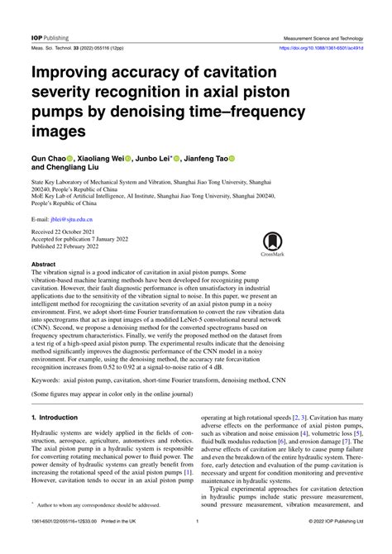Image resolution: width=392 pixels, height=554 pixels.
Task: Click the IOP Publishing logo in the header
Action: pyautogui.click(x=50, y=38)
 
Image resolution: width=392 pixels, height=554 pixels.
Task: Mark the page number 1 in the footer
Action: pyautogui.click(x=196, y=544)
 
